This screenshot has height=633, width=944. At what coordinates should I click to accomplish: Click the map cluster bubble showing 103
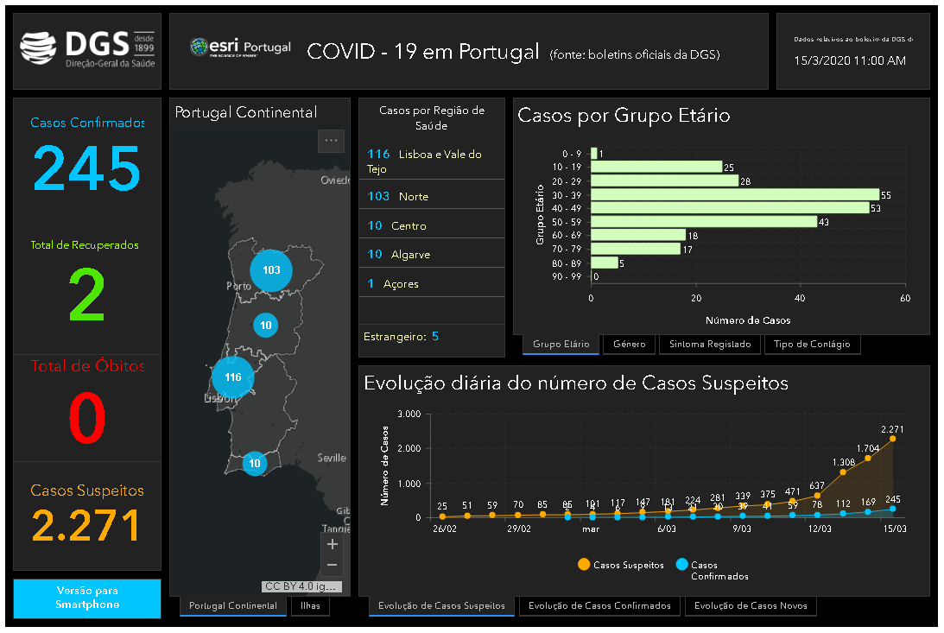coord(271,269)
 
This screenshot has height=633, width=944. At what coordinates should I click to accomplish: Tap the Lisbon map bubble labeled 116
coord(232,377)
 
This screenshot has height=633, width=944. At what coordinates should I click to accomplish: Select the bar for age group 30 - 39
coord(734,195)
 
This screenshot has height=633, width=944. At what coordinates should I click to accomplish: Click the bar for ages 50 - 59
coord(703,222)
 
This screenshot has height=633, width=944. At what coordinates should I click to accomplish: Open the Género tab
coord(629,344)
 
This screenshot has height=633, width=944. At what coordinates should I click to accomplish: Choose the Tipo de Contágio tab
coord(811,344)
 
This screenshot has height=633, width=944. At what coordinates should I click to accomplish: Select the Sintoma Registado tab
coord(711,344)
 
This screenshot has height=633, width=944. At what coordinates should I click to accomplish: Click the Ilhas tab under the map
coord(310,605)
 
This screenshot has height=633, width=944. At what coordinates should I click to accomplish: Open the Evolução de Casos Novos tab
coord(750,605)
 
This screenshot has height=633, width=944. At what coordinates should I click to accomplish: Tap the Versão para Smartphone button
coord(87,598)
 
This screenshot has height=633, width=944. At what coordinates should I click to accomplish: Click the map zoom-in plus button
coord(333,544)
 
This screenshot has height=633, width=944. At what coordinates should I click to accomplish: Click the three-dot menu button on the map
coord(331,140)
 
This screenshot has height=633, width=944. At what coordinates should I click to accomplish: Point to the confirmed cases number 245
coord(86,168)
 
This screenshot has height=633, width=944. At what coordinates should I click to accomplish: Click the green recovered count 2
coord(86,296)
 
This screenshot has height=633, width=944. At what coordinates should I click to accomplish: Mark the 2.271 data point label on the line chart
coord(892,428)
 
